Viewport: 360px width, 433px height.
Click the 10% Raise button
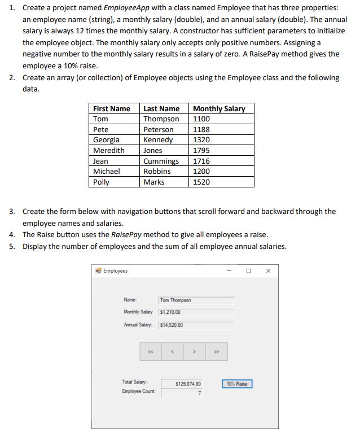[x=238, y=384]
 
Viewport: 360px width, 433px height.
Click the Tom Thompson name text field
[x=196, y=300]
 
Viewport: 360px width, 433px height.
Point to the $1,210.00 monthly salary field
[x=196, y=312]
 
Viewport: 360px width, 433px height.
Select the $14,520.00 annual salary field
[x=196, y=325]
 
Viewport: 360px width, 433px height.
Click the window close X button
[x=268, y=271]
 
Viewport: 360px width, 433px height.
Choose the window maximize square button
[x=248, y=271]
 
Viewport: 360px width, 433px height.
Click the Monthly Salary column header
[x=219, y=108]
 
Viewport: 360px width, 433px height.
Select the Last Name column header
[x=161, y=108]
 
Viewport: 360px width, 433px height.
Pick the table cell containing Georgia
[x=107, y=140]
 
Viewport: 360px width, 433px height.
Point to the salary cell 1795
[x=201, y=151]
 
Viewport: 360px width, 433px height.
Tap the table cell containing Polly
[x=102, y=182]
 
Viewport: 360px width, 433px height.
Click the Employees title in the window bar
[x=116, y=271]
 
